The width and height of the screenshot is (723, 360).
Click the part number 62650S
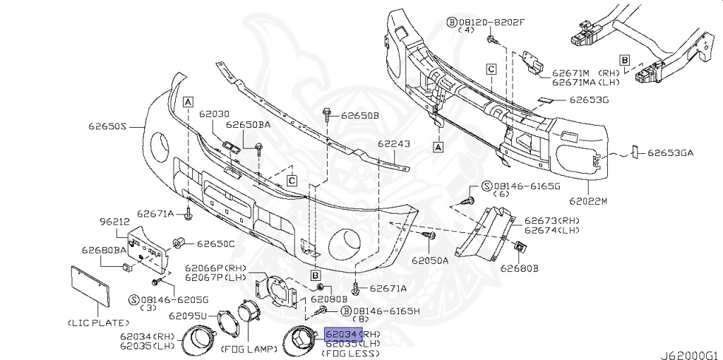107,127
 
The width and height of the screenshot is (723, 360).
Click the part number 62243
393,144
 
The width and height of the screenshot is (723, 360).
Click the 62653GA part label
671,152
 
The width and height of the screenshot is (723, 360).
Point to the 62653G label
590,100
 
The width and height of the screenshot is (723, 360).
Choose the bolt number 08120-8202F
491,22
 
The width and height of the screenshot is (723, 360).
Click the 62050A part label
431,260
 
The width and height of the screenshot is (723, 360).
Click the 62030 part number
215,114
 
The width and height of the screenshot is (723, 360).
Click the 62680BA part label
103,250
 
